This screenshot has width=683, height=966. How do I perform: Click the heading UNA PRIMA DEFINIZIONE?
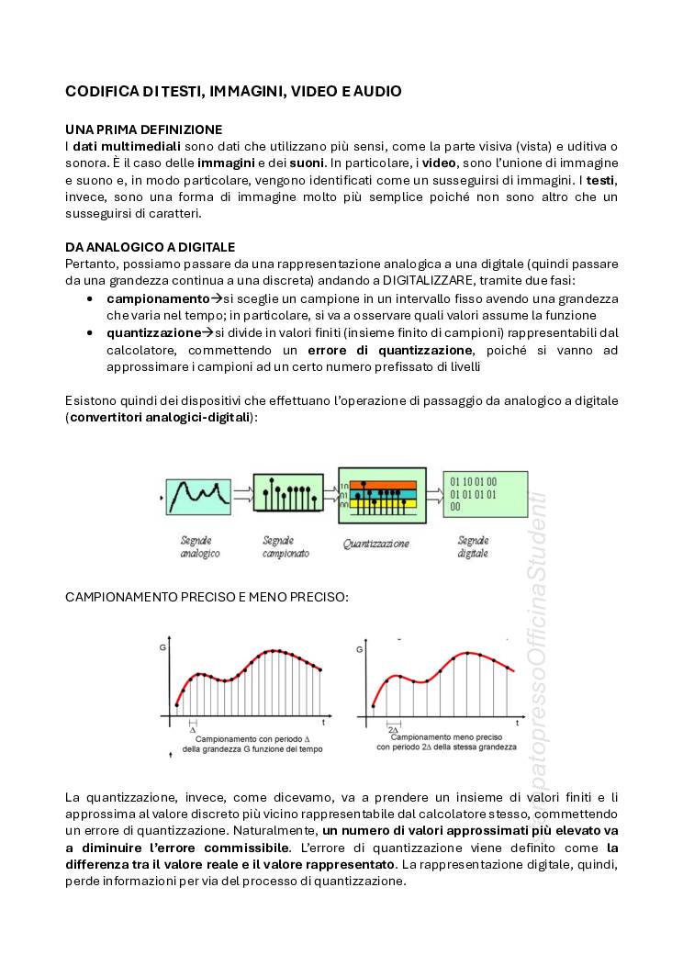coord(143,129)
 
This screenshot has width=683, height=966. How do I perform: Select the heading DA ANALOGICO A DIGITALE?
coord(150,247)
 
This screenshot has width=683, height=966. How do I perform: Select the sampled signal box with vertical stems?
coord(287,496)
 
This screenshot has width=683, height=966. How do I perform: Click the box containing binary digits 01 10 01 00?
coord(473,497)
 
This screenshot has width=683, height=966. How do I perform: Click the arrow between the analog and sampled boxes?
coord(242,494)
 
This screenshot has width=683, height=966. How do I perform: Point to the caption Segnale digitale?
coord(474,547)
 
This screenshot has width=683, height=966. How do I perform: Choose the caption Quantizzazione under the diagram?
coord(376,544)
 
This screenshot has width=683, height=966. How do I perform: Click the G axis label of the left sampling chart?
coord(162,648)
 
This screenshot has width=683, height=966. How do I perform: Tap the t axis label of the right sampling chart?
coord(518,724)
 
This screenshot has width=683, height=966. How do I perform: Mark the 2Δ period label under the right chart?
coord(392,728)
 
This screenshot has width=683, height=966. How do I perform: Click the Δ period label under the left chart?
coord(192,730)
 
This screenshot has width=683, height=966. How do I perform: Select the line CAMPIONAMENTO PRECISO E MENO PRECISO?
coord(207,598)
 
